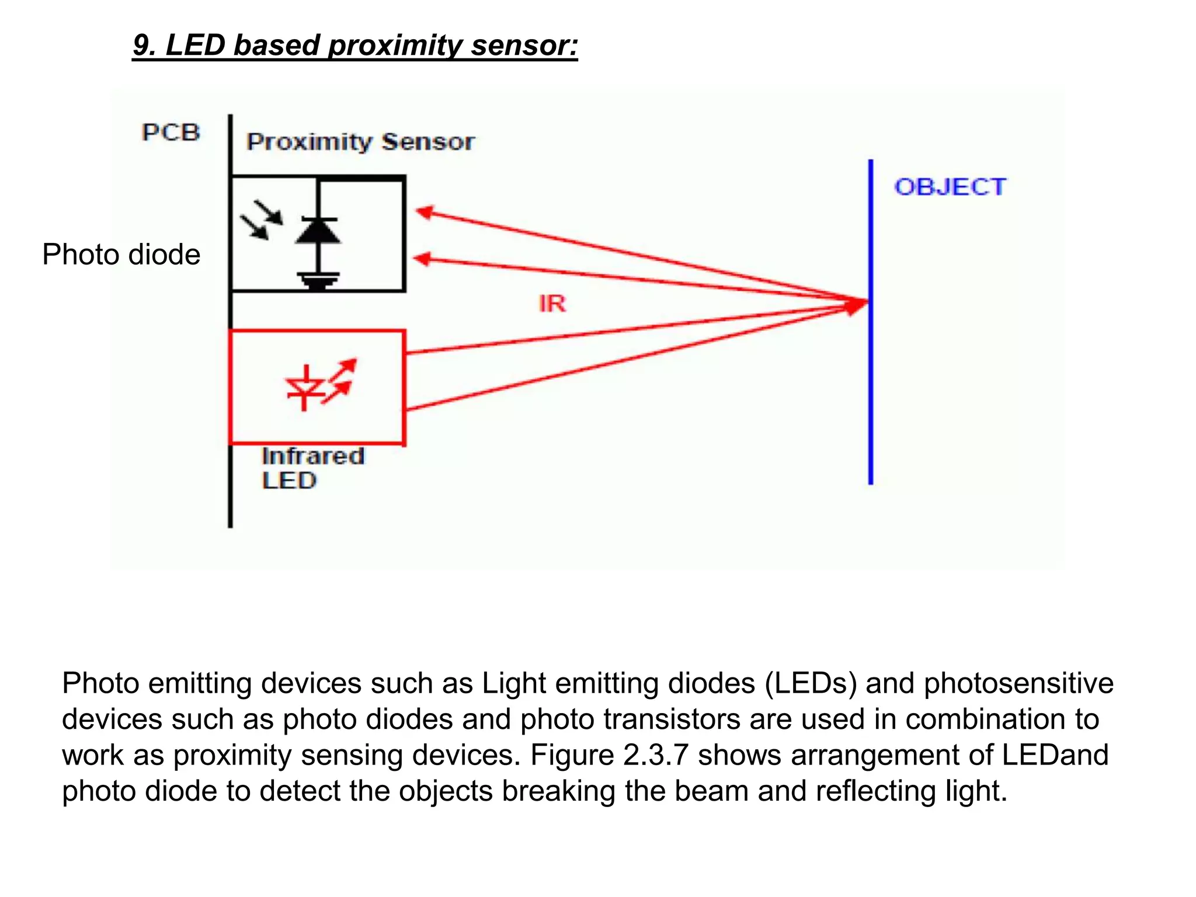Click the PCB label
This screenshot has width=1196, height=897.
click(x=171, y=133)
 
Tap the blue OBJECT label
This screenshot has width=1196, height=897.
click(x=950, y=187)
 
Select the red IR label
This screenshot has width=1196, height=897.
click(x=552, y=304)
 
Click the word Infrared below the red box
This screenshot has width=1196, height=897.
click(x=313, y=456)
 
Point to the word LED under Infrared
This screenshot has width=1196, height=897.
click(x=289, y=481)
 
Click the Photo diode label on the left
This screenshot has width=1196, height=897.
click(x=121, y=255)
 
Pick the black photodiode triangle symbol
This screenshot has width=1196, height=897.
click(x=318, y=231)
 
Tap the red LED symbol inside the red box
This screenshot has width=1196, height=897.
click(x=305, y=387)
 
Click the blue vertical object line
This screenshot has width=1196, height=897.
click(x=870, y=380)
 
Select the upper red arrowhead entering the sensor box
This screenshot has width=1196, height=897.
click(x=424, y=212)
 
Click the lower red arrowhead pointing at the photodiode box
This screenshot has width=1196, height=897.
click(x=422, y=259)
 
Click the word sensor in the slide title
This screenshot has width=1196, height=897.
click(x=524, y=46)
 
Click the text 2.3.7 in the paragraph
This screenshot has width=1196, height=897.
click(x=655, y=755)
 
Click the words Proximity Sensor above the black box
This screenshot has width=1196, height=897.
click(x=360, y=142)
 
